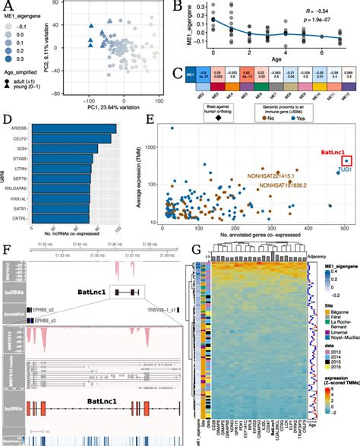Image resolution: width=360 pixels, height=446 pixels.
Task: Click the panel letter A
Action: pyautogui.click(x=7, y=6)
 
